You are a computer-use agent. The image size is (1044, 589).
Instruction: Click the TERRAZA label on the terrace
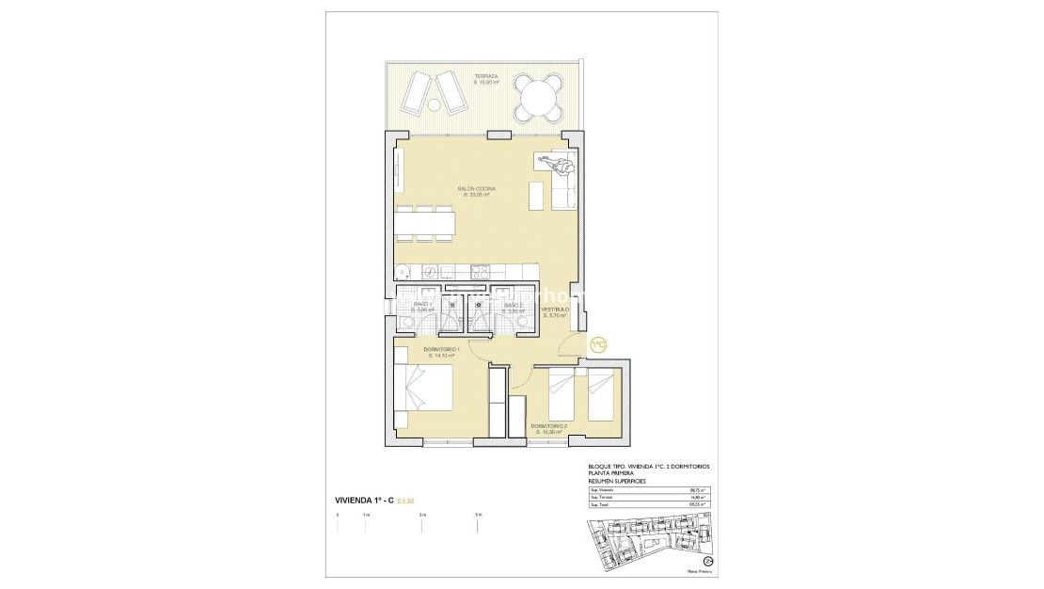(x=486, y=77)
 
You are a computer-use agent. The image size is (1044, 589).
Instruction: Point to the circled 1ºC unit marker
(x=597, y=345)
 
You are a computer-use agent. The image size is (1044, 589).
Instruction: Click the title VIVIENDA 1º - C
(x=364, y=500)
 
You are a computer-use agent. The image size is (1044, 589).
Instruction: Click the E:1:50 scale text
(x=405, y=500)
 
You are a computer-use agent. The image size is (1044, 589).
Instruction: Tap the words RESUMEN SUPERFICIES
(x=618, y=481)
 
